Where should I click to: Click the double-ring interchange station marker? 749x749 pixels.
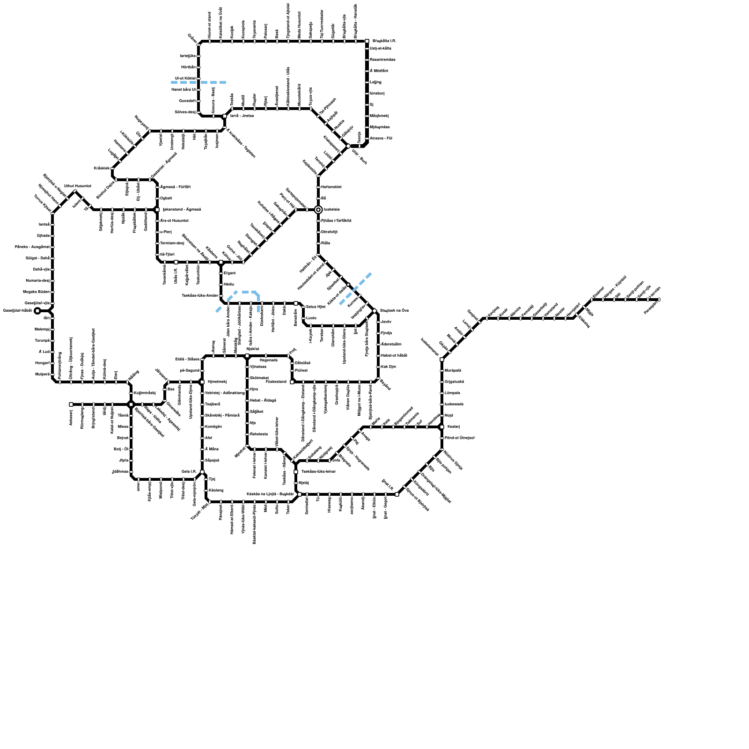click(x=318, y=210)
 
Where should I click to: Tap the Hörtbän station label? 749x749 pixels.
click(x=188, y=67)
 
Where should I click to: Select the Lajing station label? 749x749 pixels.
click(x=375, y=82)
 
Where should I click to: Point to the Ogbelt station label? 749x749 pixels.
click(x=166, y=198)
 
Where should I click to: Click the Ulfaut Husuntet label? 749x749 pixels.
click(x=77, y=186)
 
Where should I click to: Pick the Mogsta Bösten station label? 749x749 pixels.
click(x=36, y=292)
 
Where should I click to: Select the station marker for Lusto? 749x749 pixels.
click(x=303, y=318)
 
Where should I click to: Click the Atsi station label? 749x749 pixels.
click(x=208, y=438)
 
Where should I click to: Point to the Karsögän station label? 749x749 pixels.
click(x=213, y=427)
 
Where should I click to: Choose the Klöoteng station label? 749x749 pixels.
click(x=216, y=491)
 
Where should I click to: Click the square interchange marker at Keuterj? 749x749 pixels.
click(x=441, y=427)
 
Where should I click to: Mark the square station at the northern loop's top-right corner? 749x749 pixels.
click(x=367, y=41)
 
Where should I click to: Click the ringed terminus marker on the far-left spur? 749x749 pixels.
click(x=37, y=311)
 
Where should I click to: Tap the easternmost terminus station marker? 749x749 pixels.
click(x=659, y=300)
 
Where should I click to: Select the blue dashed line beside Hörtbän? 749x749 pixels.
click(x=199, y=82)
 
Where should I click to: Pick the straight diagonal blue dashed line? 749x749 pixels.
click(x=355, y=289)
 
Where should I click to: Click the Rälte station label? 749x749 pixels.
click(x=325, y=243)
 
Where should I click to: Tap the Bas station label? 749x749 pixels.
click(x=170, y=389)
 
